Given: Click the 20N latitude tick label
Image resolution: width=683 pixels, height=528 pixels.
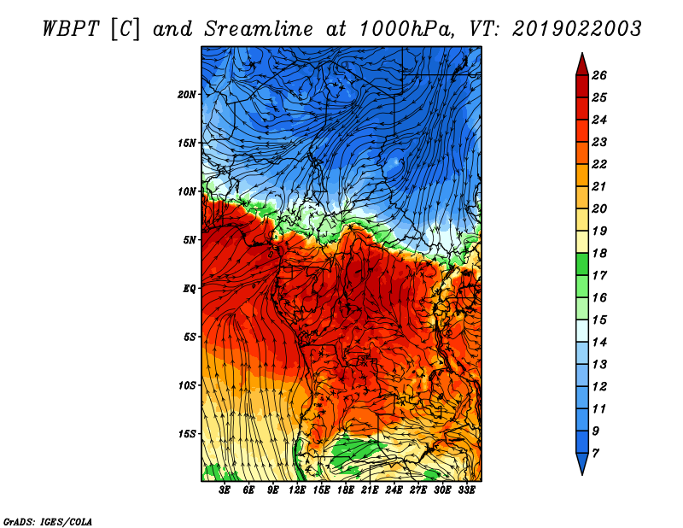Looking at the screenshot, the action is click(187, 94).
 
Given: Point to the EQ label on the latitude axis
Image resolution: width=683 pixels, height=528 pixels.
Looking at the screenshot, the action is click(190, 289).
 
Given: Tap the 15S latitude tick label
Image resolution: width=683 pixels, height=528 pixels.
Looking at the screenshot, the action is click(187, 434).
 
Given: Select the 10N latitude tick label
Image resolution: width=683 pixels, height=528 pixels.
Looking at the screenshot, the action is click(187, 191).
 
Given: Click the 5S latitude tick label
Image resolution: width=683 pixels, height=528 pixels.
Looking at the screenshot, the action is click(190, 337).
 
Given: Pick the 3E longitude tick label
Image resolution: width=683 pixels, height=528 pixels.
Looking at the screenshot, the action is click(225, 490).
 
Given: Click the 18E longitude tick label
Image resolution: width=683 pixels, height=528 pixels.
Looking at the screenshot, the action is click(346, 490).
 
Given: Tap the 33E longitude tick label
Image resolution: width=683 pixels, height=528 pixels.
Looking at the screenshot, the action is click(466, 490).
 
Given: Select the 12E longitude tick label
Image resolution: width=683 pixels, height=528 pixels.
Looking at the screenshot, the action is click(297, 490).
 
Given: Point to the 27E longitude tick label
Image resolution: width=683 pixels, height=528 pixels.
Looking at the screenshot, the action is click(418, 490).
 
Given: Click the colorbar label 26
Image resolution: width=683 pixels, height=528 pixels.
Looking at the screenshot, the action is click(599, 75).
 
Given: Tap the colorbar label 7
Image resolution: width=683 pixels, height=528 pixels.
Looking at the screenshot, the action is click(595, 454).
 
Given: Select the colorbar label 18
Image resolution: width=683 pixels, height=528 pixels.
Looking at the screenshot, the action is click(599, 253).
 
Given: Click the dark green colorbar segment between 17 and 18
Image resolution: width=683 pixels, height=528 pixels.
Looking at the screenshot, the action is click(582, 264).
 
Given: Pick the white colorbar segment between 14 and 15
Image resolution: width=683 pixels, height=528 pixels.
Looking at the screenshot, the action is click(582, 331).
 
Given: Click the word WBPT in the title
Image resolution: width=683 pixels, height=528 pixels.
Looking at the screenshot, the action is click(72, 29).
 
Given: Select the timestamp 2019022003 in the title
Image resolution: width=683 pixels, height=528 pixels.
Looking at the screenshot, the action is click(577, 29).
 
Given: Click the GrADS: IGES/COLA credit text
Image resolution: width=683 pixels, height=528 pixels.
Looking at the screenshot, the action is click(48, 521).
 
